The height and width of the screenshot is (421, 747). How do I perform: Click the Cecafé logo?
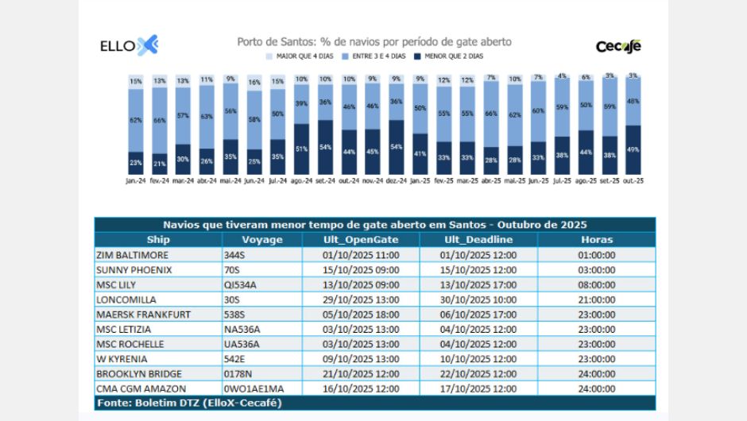coord(618,46)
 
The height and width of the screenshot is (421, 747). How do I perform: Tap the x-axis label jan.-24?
coord(136,180)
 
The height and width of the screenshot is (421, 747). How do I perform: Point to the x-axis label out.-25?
coord(633,180)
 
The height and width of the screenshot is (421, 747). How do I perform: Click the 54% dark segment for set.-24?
coord(325,147)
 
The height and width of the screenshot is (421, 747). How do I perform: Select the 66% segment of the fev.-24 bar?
coord(160,120)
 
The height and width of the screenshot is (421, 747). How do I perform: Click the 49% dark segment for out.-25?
coord(633,149)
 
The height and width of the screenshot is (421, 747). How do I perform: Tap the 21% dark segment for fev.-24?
coord(160,164)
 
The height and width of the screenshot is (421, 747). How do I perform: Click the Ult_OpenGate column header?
coord(361,239)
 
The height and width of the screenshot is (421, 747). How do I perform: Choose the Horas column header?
coord(596,239)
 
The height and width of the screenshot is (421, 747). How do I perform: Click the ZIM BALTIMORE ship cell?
coord(132,255)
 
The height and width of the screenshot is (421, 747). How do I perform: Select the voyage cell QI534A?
coord(242,284)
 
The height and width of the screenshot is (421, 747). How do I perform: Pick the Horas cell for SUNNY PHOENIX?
coord(596,270)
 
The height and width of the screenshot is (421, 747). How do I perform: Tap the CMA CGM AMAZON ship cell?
coord(141,388)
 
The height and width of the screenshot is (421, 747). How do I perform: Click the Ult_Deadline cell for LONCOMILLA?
coord(478,299)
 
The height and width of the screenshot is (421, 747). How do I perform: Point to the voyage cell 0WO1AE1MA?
coord(254,388)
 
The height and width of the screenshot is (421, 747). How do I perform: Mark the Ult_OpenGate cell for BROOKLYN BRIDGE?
coord(361,373)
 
